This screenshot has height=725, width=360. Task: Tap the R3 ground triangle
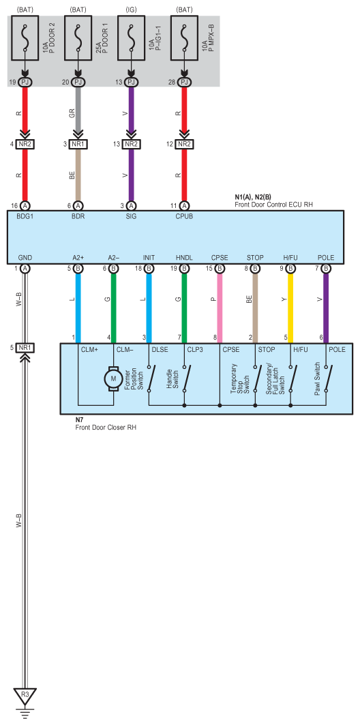25,695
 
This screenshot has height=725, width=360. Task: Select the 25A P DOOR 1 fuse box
78,38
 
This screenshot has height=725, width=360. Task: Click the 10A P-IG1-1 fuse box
131,38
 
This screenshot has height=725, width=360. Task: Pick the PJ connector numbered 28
184,83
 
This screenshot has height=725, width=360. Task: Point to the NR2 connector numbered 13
131,145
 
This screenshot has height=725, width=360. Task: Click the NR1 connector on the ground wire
25,347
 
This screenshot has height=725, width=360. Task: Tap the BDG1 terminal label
25,216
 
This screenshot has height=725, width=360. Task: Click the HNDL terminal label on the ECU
184,258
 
